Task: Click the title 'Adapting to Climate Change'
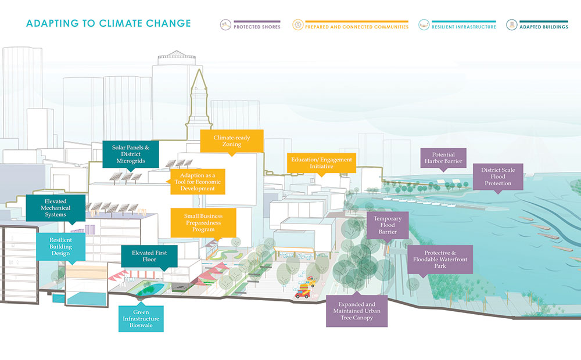pyautogui.click(x=109, y=23)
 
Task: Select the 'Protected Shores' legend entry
pyautogui.click(x=250, y=25)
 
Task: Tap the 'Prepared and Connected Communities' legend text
pyautogui.click(x=357, y=27)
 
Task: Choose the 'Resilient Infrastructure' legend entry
pyautogui.click(x=457, y=25)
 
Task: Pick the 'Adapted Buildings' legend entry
pyautogui.click(x=537, y=25)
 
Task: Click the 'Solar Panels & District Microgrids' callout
pyautogui.click(x=130, y=154)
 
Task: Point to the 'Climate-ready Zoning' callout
pyautogui.click(x=232, y=141)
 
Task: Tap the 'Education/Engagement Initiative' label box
pyautogui.click(x=321, y=163)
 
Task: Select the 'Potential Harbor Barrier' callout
pyautogui.click(x=443, y=158)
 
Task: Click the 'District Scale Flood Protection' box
pyautogui.click(x=498, y=177)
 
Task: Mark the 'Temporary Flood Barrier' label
pyautogui.click(x=388, y=225)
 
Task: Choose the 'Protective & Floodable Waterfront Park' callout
pyautogui.click(x=440, y=260)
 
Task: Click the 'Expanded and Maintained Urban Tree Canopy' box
pyautogui.click(x=357, y=311)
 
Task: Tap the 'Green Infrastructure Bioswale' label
pyautogui.click(x=141, y=319)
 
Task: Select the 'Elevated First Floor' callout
pyautogui.click(x=149, y=256)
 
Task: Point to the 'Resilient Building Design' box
pyautogui.click(x=61, y=247)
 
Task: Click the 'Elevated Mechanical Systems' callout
pyautogui.click(x=56, y=208)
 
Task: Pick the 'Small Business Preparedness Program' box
pyautogui.click(x=203, y=222)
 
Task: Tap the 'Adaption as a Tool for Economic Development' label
pyautogui.click(x=198, y=182)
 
